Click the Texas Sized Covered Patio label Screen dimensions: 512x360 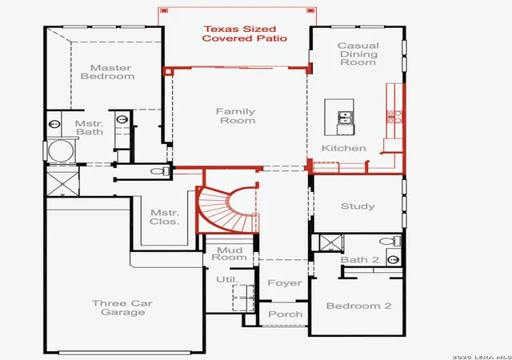click(244, 34)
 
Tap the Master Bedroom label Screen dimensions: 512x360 click(108, 72)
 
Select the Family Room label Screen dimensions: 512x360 click(236, 116)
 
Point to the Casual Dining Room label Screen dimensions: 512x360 click(358, 54)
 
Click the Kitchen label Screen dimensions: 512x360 click(343, 148)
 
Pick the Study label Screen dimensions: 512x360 click(358, 206)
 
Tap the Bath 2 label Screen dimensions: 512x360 click(359, 260)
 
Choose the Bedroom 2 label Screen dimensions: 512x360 click(359, 306)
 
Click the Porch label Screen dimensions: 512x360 click(285, 314)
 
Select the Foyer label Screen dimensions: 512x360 click(285, 283)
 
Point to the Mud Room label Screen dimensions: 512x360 click(230, 254)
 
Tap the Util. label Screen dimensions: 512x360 click(227, 280)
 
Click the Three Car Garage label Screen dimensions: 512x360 click(122, 308)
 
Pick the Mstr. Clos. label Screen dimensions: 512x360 click(165, 218)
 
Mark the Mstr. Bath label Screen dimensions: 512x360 click(90, 128)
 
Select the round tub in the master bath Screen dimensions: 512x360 click(61, 151)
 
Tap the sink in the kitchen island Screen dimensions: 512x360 click(345, 118)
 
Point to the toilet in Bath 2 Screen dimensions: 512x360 click(390, 242)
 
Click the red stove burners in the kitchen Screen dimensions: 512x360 click(394, 117)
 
